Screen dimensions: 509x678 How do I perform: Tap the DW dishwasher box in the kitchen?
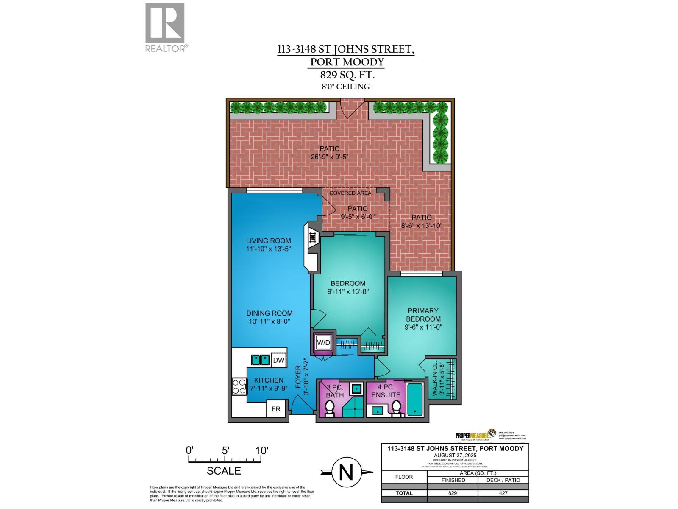coord(278,360)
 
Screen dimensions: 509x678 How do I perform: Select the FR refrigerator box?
coord(276,409)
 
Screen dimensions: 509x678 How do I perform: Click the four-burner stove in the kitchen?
coord(239,386)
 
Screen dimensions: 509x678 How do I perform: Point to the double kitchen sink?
coord(261,360)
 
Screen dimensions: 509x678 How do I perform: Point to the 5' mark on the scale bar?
coord(225,451)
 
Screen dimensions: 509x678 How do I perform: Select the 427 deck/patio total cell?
coord(503,493)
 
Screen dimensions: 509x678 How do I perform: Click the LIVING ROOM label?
coord(269,241)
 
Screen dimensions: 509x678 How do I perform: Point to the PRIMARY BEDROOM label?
coord(423,315)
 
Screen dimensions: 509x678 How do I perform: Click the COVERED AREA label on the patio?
coord(350,193)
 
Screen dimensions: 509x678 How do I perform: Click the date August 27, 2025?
coord(455,455)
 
